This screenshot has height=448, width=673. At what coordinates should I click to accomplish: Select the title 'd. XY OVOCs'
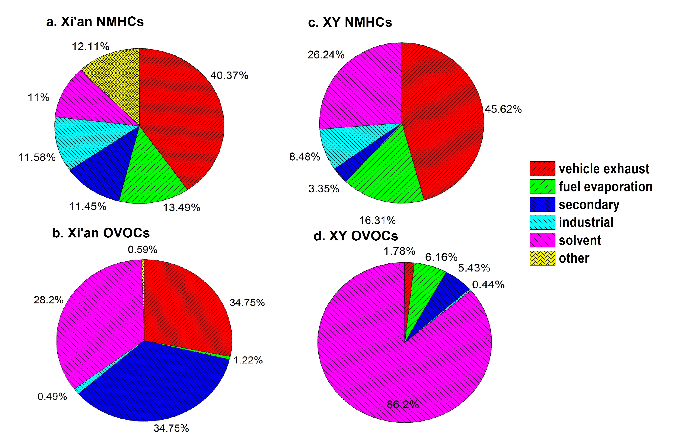356,236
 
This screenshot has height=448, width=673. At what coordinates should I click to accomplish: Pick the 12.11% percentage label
90,46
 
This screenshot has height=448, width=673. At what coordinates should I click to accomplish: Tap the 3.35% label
324,189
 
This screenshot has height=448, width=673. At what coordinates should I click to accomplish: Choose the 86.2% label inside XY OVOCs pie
403,404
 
